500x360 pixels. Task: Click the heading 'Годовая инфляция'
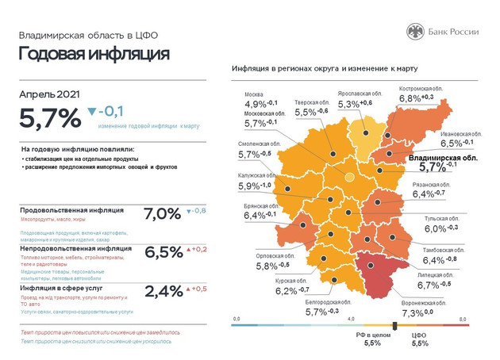click(x=94, y=54)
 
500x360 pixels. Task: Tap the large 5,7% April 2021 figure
click(x=50, y=117)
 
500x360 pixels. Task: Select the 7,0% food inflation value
click(x=163, y=214)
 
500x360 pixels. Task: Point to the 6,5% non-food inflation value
click(x=163, y=252)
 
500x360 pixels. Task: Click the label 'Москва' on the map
click(x=254, y=93)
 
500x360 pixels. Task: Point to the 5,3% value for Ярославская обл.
click(x=348, y=104)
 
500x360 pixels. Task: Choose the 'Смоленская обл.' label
click(x=260, y=144)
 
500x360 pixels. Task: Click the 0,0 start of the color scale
click(x=236, y=318)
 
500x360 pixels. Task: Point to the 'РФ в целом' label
click(x=372, y=335)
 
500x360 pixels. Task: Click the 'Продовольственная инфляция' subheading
click(x=71, y=210)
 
